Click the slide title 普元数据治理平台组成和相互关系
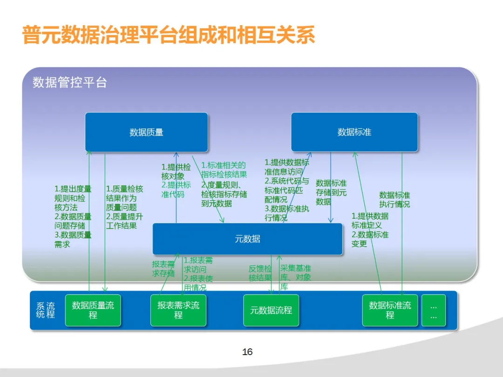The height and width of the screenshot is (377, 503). click(169, 35)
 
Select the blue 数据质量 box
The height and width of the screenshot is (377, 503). click(146, 132)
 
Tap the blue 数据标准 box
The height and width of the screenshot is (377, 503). click(354, 132)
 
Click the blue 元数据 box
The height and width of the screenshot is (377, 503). click(247, 239)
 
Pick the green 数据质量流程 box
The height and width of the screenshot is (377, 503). click(93, 310)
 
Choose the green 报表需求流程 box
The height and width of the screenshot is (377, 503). click(178, 310)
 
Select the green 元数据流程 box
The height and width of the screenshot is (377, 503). click(271, 310)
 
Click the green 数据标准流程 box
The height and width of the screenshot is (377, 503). click(390, 310)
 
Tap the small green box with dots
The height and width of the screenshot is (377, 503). click(434, 310)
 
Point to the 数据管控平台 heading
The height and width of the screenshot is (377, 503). click(70, 82)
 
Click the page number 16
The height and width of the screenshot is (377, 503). click(247, 352)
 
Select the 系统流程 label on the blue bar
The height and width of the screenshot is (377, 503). click(46, 310)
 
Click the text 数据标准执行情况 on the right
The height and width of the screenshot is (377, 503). click(394, 200)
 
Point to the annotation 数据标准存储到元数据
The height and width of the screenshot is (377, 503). click(331, 192)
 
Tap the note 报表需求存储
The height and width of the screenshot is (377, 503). click(163, 269)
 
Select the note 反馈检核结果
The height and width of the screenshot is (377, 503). click(260, 273)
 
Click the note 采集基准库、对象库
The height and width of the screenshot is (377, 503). click(295, 277)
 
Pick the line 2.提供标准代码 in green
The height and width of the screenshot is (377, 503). click(176, 189)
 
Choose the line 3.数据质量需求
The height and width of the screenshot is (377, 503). click(73, 240)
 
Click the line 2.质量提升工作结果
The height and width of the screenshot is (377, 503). click(124, 221)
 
